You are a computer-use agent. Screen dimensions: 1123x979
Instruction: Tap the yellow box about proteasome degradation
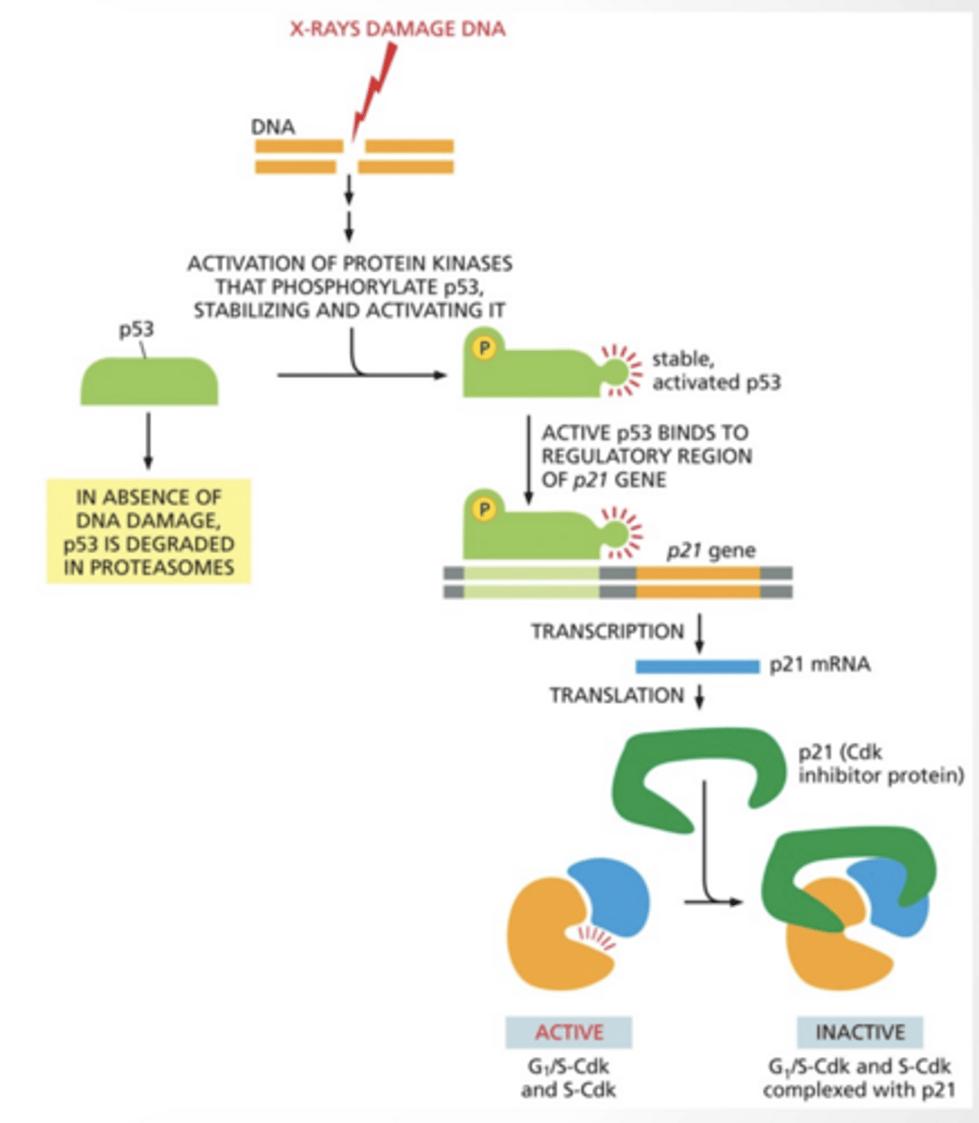[149, 531]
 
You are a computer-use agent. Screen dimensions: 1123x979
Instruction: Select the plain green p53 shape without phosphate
[149, 382]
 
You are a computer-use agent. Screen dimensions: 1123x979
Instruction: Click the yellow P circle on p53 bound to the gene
[484, 509]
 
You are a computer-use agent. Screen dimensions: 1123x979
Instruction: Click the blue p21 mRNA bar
[696, 666]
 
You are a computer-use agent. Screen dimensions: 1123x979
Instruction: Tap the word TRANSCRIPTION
[607, 632]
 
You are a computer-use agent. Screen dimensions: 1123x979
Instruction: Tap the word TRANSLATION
[617, 695]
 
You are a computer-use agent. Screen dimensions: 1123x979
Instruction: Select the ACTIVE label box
[569, 1032]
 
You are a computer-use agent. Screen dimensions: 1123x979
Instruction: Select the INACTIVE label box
[859, 1032]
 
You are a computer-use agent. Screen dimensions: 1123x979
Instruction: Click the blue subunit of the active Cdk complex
[613, 890]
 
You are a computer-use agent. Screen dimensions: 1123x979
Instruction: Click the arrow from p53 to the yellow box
[148, 440]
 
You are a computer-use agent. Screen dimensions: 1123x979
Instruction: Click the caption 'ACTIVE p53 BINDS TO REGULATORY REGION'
[645, 445]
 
